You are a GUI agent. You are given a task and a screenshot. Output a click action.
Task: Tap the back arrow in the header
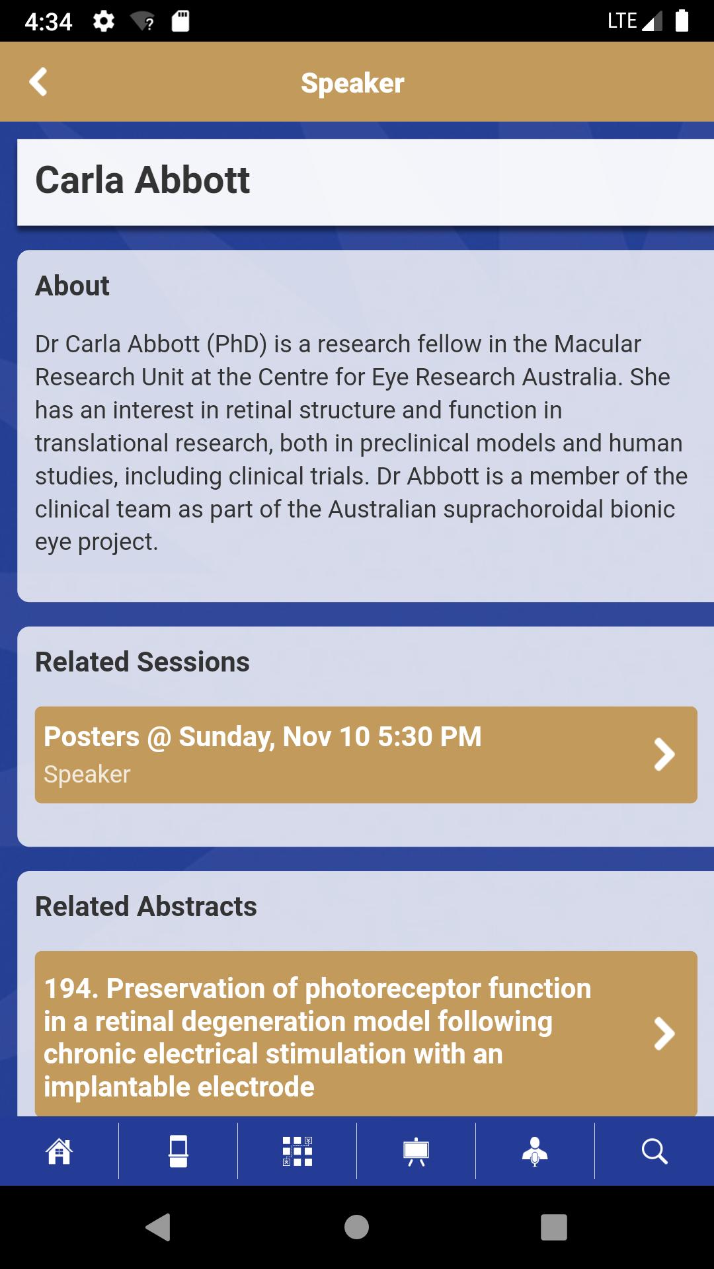click(x=38, y=82)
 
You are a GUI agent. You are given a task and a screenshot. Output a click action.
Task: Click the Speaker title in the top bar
click(x=352, y=83)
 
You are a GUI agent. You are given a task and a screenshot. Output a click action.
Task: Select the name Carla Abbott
click(x=142, y=180)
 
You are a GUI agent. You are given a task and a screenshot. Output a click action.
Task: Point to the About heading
click(x=72, y=286)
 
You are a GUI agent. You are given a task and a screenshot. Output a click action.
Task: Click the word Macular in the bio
click(x=597, y=344)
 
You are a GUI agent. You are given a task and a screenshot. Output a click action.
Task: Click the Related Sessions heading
click(x=142, y=662)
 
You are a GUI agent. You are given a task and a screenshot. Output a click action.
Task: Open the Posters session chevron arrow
click(x=664, y=755)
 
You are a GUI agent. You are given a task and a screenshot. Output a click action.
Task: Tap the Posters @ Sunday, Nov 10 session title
click(x=262, y=736)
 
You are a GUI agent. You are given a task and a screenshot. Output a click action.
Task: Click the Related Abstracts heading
click(x=145, y=906)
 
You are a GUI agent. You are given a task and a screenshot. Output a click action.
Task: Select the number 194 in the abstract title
click(x=66, y=989)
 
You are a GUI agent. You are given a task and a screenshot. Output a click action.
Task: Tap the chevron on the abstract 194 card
click(x=664, y=1034)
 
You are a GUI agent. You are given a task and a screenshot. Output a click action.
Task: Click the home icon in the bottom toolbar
click(x=59, y=1151)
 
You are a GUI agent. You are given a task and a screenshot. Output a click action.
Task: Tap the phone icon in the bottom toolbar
click(x=178, y=1151)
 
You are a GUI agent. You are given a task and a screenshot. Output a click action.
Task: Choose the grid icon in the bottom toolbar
click(x=297, y=1151)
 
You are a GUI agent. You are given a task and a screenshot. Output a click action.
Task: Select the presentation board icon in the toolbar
click(x=416, y=1151)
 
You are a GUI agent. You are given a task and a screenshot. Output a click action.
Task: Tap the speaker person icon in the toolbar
click(x=535, y=1151)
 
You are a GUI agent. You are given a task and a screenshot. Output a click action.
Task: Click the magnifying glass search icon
click(x=654, y=1151)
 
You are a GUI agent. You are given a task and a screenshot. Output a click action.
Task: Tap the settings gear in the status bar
click(x=104, y=22)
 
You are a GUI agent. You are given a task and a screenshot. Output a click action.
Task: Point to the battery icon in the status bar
click(x=682, y=20)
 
